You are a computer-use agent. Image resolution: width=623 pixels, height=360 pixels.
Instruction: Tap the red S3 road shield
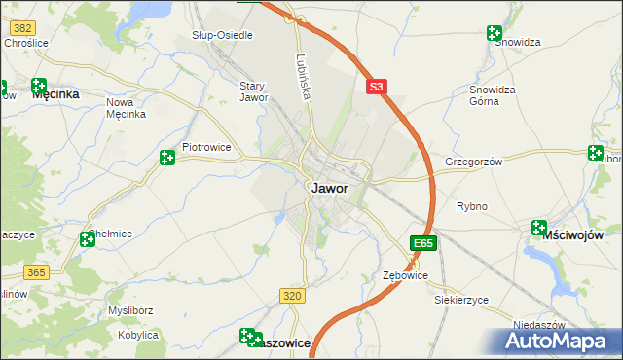(x=378, y=87)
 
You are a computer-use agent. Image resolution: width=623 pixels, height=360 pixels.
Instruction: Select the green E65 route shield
(x=421, y=242)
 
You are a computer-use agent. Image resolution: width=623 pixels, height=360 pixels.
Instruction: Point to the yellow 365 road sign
(x=37, y=272)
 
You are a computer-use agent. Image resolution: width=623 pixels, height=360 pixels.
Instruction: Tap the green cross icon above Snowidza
(x=495, y=34)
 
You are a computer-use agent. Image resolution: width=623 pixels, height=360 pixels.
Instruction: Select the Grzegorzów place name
(x=473, y=162)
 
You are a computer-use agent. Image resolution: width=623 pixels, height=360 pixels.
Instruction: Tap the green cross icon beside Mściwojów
(x=538, y=228)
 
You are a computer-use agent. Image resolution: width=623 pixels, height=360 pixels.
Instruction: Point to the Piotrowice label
(x=206, y=149)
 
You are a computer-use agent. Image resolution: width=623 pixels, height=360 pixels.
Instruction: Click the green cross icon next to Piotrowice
(x=167, y=157)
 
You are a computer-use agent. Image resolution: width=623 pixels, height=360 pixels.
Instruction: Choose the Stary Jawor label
(x=253, y=91)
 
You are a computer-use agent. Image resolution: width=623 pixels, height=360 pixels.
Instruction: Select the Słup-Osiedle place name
(x=222, y=35)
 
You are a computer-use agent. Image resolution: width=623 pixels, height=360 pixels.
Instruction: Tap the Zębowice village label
(x=405, y=276)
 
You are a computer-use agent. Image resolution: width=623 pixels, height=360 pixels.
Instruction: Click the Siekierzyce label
(x=461, y=300)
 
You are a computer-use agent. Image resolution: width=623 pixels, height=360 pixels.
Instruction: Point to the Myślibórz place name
(x=132, y=310)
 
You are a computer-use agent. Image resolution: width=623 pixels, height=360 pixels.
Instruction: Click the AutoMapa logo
(x=559, y=341)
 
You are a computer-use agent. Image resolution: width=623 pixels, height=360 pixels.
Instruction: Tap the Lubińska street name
(x=304, y=77)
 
